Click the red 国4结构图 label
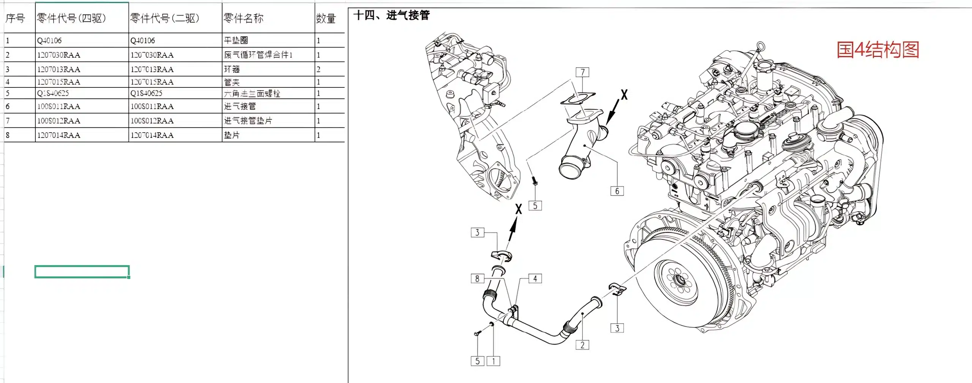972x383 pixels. (x=878, y=50)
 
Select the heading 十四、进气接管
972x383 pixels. (x=391, y=15)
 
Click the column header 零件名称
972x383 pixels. (x=243, y=18)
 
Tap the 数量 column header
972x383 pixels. (x=326, y=18)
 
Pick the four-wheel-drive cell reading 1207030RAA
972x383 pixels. (x=58, y=55)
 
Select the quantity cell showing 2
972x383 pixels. (x=319, y=69)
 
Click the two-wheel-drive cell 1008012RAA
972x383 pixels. (x=152, y=121)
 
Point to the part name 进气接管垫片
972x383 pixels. (x=248, y=121)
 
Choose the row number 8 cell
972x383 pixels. (x=8, y=135)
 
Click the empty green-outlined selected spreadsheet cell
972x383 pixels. (x=82, y=272)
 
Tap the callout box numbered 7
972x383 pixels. (x=582, y=72)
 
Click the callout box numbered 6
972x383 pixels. (x=617, y=191)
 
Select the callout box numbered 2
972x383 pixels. (x=582, y=345)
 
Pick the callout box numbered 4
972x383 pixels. (x=535, y=279)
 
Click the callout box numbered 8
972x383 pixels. (x=477, y=279)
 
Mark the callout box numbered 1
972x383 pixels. (x=493, y=361)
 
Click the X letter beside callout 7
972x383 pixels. (x=624, y=95)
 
